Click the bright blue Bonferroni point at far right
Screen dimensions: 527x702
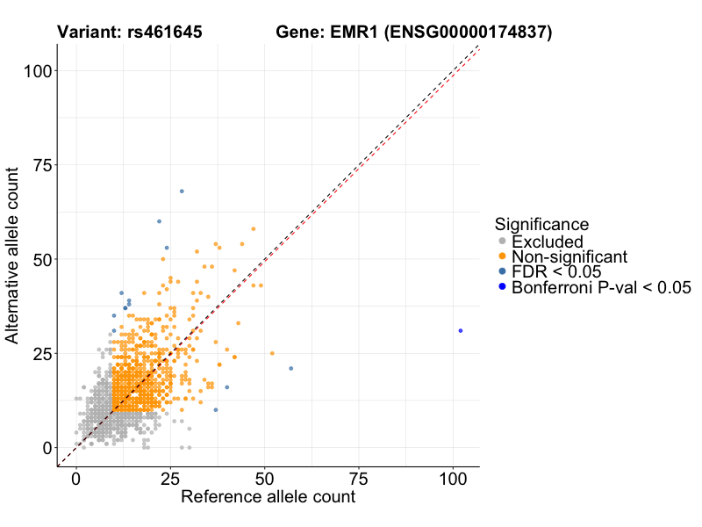pyautogui.click(x=460, y=330)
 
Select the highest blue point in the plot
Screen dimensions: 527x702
pyautogui.click(x=182, y=191)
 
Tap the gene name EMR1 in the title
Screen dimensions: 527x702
pyautogui.click(x=350, y=32)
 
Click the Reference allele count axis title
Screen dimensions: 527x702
pyautogui.click(x=268, y=497)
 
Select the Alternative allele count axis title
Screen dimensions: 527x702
pyautogui.click(x=13, y=258)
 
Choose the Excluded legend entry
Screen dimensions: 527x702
pyautogui.click(x=548, y=241)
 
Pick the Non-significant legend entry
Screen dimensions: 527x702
pyautogui.click(x=569, y=256)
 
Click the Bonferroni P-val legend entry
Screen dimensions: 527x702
pyautogui.click(x=601, y=287)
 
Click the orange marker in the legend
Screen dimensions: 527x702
pyautogui.click(x=502, y=256)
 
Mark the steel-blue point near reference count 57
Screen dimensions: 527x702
pyautogui.click(x=290, y=368)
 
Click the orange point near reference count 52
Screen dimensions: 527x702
pyautogui.click(x=272, y=353)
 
